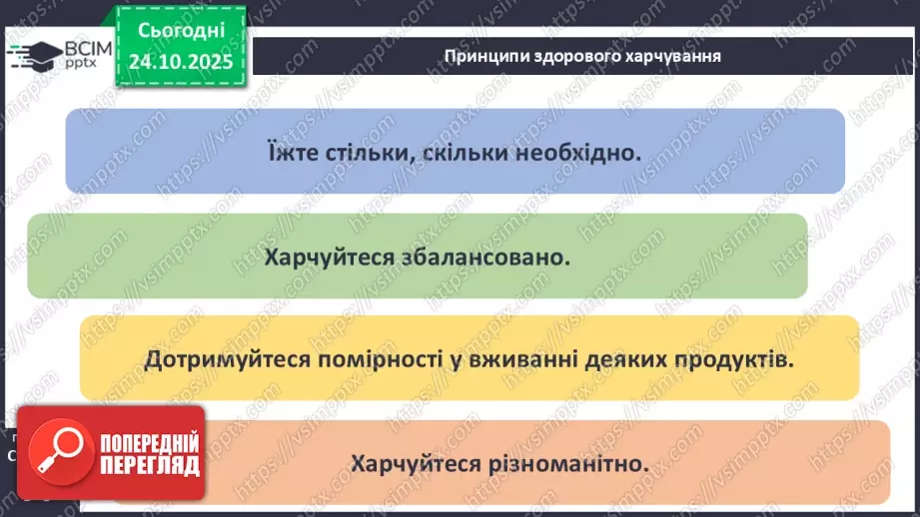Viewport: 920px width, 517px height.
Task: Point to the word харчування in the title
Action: [x=671, y=56]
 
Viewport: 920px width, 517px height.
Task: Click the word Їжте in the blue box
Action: [x=294, y=153]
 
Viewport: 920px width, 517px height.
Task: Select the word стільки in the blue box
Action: [x=373, y=153]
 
